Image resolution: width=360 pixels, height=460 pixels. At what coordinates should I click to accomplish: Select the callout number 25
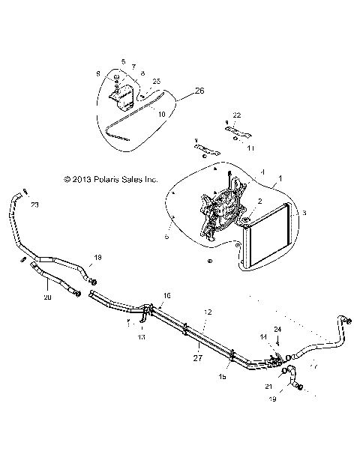click(x=156, y=80)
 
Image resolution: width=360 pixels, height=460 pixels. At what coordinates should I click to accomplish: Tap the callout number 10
click(x=161, y=113)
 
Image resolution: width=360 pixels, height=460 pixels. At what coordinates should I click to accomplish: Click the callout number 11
click(x=250, y=148)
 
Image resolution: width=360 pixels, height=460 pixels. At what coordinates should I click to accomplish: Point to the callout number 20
click(x=48, y=297)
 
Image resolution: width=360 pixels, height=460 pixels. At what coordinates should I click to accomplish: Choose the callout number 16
click(x=166, y=296)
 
